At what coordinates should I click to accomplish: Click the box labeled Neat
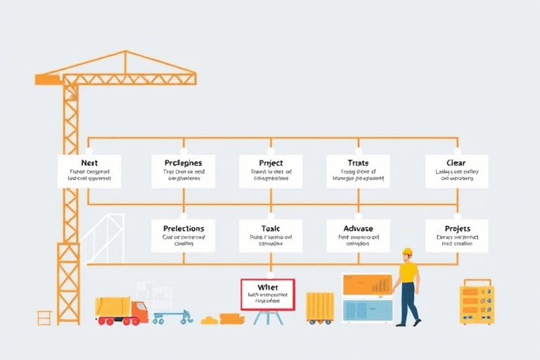(x=89, y=171)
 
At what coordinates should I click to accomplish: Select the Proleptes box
(x=183, y=171)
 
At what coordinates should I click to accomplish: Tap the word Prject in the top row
(x=271, y=162)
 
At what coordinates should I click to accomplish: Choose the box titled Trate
(x=358, y=171)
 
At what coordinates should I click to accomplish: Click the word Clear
(x=446, y=162)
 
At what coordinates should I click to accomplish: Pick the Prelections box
(x=183, y=236)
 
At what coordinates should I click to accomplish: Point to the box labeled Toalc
(x=271, y=236)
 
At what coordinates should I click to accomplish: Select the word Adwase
(x=358, y=229)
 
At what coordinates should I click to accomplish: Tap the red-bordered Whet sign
(x=268, y=294)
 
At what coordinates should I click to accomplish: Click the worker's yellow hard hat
(x=407, y=251)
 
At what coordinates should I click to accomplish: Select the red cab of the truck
(x=139, y=310)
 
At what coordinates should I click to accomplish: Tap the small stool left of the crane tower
(x=45, y=317)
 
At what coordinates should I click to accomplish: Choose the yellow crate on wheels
(x=320, y=307)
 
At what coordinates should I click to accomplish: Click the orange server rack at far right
(x=477, y=304)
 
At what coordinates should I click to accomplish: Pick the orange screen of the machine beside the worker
(x=366, y=284)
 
